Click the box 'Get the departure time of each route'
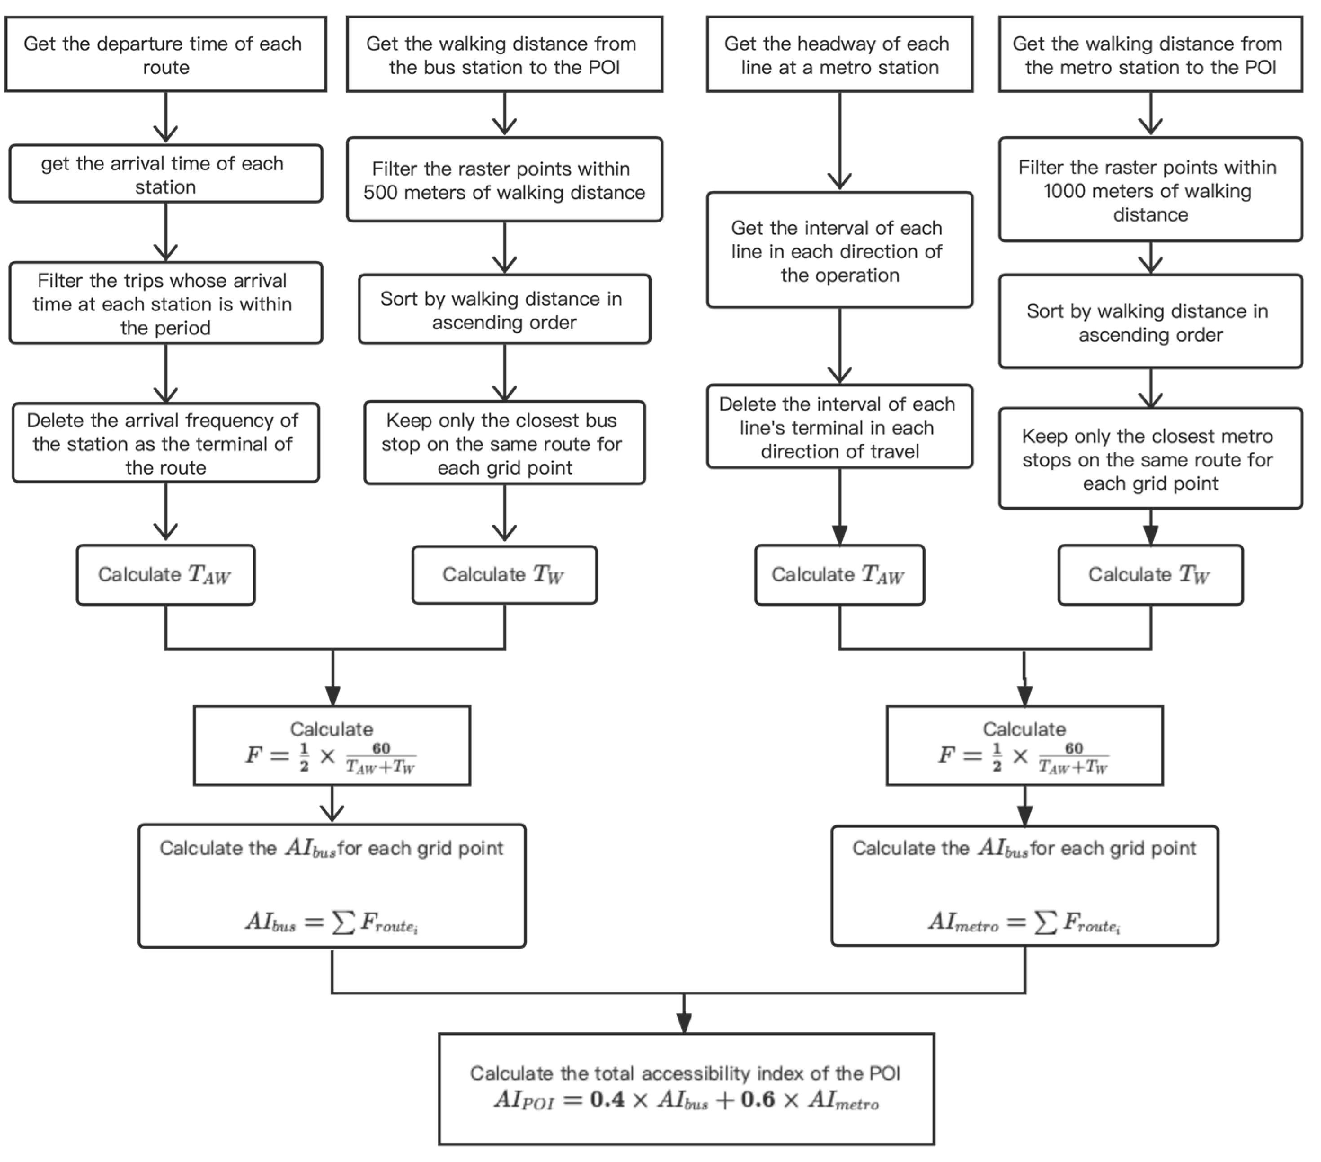(165, 55)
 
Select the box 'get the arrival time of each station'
(165, 174)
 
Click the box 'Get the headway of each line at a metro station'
(839, 55)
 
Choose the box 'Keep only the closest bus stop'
(504, 444)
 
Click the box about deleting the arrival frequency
(165, 444)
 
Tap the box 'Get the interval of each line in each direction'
(839, 251)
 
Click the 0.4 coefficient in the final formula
(607, 1099)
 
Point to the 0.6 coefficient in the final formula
(758, 1099)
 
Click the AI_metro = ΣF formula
(1024, 922)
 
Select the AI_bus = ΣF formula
(332, 922)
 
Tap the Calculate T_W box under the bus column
(504, 575)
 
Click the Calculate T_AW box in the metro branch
(839, 575)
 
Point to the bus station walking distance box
(504, 55)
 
